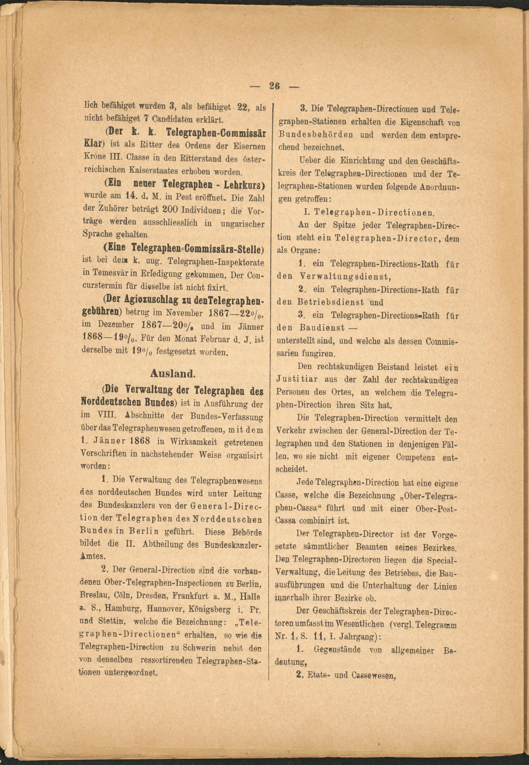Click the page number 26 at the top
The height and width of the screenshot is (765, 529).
coord(275,86)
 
